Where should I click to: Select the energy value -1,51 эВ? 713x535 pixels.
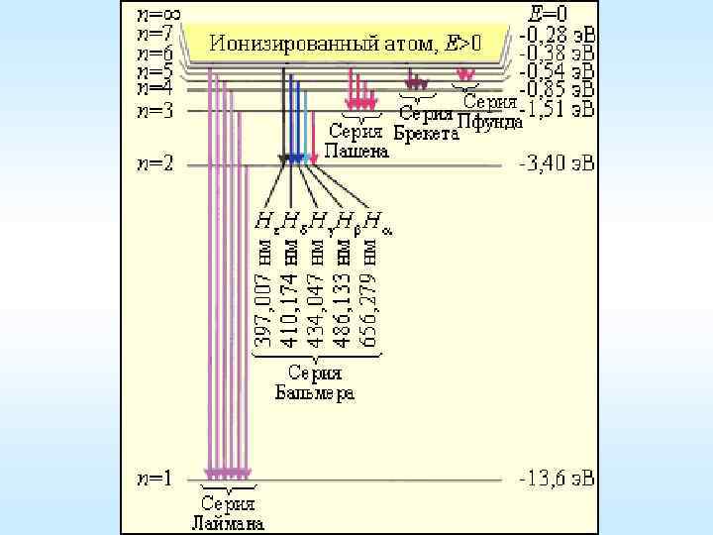click(559, 110)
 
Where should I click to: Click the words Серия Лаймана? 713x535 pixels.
click(229, 511)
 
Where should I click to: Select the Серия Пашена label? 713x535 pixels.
click(358, 141)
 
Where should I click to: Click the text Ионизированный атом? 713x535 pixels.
click(328, 43)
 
